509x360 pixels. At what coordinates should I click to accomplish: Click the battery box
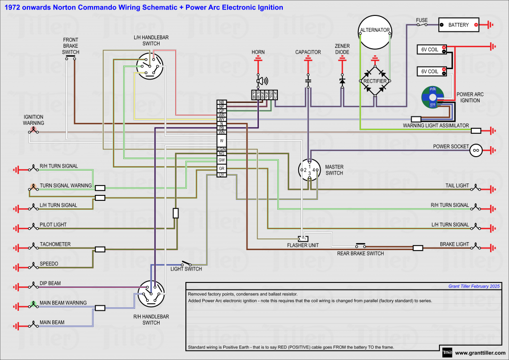pyautogui.click(x=458, y=24)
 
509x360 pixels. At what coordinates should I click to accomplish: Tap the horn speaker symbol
pyautogui.click(x=259, y=81)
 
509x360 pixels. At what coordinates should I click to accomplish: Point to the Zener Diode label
pyautogui.click(x=342, y=49)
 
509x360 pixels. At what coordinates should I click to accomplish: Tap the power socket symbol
pyautogui.click(x=476, y=150)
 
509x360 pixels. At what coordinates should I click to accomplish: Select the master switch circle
pyautogui.click(x=310, y=171)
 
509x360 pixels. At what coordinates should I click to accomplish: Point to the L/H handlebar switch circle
pyautogui.click(x=150, y=66)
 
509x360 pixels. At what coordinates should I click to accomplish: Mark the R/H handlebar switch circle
pyautogui.click(x=151, y=294)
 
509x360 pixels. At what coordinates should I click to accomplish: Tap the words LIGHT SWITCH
pyautogui.click(x=186, y=269)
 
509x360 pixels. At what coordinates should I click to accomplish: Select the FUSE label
pyautogui.click(x=422, y=20)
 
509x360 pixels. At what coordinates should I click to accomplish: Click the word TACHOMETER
pyautogui.click(x=55, y=244)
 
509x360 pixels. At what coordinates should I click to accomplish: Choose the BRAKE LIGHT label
pyautogui.click(x=454, y=244)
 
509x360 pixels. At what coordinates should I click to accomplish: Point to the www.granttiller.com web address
pyautogui.click(x=480, y=353)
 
